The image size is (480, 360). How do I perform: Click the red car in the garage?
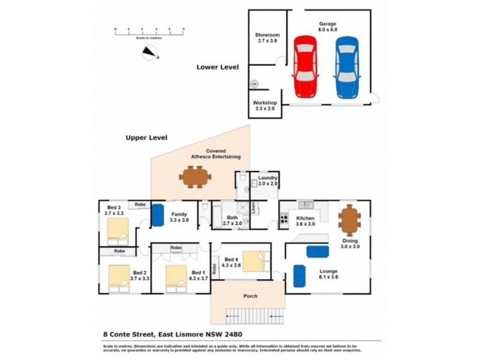[x=305, y=66]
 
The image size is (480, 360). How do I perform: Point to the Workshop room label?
[x=264, y=106]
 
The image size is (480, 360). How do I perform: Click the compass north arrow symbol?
[x=149, y=54]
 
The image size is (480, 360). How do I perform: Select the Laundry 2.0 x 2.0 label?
[x=264, y=181]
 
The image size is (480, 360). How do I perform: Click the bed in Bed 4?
[x=255, y=261]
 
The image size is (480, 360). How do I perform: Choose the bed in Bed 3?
[x=118, y=229]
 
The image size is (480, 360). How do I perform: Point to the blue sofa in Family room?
[x=158, y=215]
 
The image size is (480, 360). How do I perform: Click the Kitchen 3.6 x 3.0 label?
[x=305, y=221]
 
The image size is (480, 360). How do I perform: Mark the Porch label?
[x=250, y=296]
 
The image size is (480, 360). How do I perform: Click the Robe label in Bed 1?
[x=176, y=247]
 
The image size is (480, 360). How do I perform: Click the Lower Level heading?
[x=218, y=67]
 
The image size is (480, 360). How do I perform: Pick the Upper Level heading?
[x=146, y=137]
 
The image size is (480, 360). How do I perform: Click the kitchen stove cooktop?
[x=284, y=218]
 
